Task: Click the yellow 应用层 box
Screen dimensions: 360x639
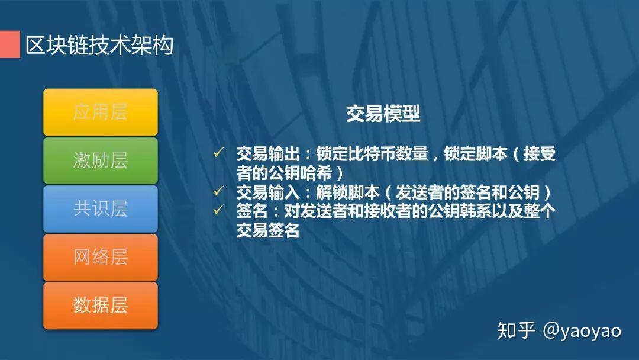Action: click(x=101, y=112)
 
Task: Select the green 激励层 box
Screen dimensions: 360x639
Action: click(x=101, y=160)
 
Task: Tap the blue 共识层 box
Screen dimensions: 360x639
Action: click(x=101, y=209)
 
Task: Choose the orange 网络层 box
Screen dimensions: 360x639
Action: click(x=101, y=258)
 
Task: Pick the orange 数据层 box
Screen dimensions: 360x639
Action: click(x=101, y=306)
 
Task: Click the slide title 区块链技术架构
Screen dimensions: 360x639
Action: click(x=99, y=45)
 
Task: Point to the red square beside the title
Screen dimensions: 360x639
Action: click(x=9, y=44)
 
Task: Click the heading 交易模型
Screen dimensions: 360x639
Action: click(x=383, y=114)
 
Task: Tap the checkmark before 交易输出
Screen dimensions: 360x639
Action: click(x=218, y=153)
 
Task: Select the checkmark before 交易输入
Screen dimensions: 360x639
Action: click(x=218, y=192)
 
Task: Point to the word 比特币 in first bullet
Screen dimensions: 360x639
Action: click(x=371, y=154)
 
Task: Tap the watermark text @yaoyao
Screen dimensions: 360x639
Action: click(x=582, y=330)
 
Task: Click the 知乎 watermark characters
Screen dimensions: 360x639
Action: click(x=517, y=330)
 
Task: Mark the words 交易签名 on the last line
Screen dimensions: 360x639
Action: click(x=268, y=230)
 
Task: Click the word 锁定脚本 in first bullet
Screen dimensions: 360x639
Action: click(x=476, y=154)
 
